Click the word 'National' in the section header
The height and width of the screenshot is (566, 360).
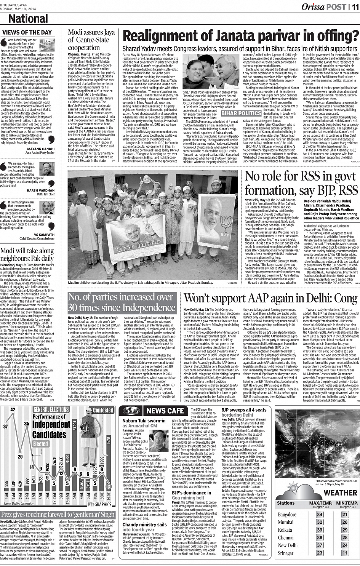point(28,19)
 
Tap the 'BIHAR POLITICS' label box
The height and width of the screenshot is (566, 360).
point(241,113)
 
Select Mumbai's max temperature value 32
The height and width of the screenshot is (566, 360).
point(320,522)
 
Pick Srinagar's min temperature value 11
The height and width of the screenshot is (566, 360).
point(345,553)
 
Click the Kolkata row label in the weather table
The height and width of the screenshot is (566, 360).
point(285,530)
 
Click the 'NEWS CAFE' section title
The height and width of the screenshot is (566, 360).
point(165,411)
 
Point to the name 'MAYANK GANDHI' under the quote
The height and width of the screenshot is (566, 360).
point(41,149)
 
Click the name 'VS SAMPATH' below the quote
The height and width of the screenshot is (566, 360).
point(44,235)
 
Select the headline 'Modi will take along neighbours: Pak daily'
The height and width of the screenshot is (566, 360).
point(27,254)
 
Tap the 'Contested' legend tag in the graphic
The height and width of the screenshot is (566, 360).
point(103,410)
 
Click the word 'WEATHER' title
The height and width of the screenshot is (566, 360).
point(340,493)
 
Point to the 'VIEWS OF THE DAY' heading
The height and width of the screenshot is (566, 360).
point(27,32)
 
